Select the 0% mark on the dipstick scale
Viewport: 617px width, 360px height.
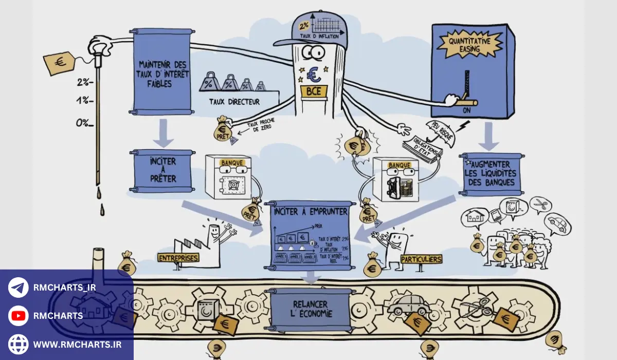(x=82, y=122)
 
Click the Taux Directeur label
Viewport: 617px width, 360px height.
(x=234, y=102)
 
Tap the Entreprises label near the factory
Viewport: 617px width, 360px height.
(x=178, y=257)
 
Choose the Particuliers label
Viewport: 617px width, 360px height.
(x=421, y=259)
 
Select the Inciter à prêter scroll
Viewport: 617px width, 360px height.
(x=162, y=170)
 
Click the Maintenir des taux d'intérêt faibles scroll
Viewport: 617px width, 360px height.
(x=162, y=72)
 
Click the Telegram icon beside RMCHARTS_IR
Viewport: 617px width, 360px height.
(x=19, y=287)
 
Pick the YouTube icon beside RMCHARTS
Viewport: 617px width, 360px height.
(x=19, y=316)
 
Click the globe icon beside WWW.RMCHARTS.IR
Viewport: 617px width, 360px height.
(x=19, y=344)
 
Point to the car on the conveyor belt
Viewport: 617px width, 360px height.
(x=408, y=305)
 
